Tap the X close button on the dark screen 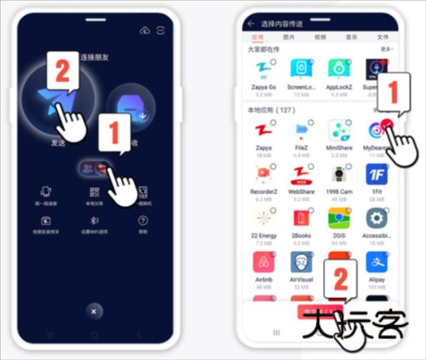click(x=94, y=310)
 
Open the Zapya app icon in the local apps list click(x=262, y=133)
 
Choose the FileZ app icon click(x=300, y=133)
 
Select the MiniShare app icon click(x=338, y=133)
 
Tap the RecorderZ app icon click(x=262, y=175)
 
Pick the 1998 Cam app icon click(x=338, y=175)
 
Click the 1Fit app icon click(x=377, y=175)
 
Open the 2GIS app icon click(x=338, y=218)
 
